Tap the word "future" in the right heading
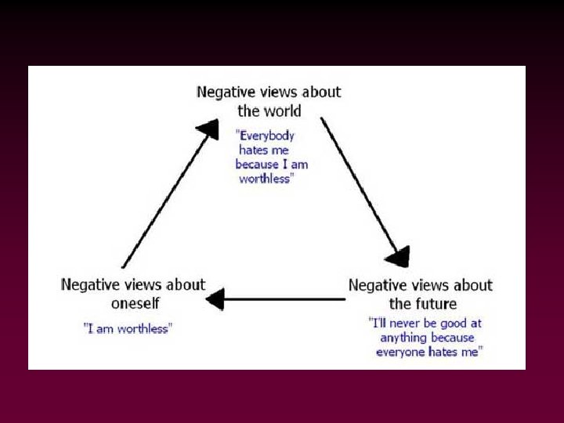tap(436, 303)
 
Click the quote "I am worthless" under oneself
tap(127, 329)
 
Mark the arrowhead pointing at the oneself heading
tap(215, 298)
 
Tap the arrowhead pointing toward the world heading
tap(208, 129)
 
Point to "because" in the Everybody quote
tap(257, 164)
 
